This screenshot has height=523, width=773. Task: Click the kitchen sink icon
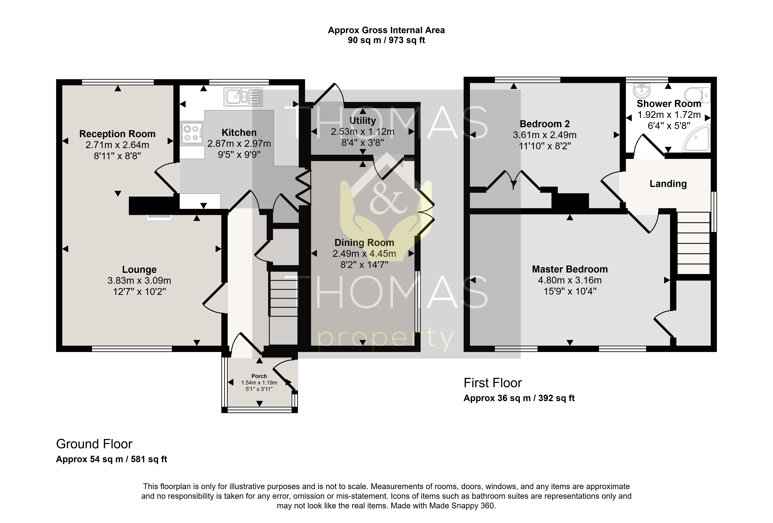coord(243,96)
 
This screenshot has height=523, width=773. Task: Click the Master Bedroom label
coord(570,269)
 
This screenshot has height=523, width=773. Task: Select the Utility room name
coord(363,121)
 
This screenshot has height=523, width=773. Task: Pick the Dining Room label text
coord(364,243)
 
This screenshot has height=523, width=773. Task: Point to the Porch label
coord(259,376)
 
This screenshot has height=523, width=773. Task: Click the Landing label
coord(668,184)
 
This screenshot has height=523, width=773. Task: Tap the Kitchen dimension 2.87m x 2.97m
coord(239,144)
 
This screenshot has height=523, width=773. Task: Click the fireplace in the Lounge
coord(160,218)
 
